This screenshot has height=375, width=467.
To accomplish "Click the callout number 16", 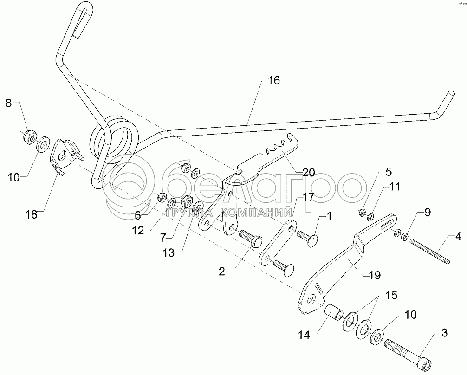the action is click(273, 81).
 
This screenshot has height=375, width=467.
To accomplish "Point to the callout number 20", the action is click(309, 173).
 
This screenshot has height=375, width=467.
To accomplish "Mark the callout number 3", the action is click(444, 332).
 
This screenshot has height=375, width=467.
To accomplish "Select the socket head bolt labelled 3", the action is click(404, 353).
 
